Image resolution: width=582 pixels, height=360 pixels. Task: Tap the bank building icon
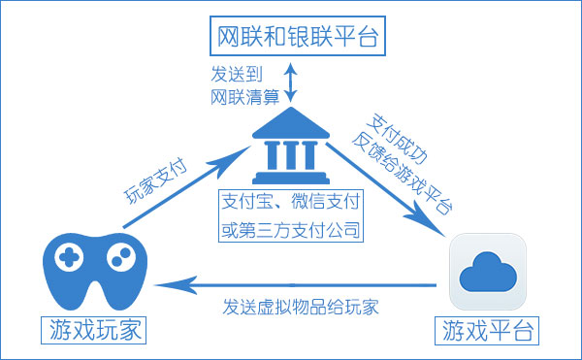coord(289,149)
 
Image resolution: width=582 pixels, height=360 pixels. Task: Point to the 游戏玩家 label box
coord(93,330)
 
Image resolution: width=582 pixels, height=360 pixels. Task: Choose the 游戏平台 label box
coord(489,330)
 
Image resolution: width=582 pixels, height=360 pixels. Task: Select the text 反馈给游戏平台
coord(406,170)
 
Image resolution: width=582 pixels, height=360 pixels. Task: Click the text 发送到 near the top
coord(234,74)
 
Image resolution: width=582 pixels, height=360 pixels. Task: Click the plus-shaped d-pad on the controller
coord(67,256)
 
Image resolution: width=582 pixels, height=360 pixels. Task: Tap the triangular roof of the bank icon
coord(289,124)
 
